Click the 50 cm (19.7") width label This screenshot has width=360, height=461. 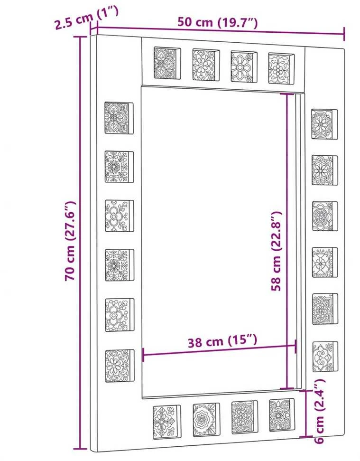217,22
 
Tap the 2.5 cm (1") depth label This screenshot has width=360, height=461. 87,18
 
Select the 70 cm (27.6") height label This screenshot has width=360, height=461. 71,241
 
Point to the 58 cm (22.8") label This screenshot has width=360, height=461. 276,251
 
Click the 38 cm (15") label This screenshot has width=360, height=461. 222,341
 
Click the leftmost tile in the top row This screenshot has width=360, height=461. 167,63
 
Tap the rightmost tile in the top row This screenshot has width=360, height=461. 281,68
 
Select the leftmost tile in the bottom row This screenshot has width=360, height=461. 167,423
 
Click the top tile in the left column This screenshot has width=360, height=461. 119,118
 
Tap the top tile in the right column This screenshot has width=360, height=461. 324,124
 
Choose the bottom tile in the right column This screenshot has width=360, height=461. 325,357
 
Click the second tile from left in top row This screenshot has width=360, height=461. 206,65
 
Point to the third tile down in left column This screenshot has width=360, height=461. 119,216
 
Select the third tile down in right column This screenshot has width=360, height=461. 325,216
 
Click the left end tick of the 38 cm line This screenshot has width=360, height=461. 143,355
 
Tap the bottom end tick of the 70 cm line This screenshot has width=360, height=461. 80,449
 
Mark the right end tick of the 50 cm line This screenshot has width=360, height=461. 344,34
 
